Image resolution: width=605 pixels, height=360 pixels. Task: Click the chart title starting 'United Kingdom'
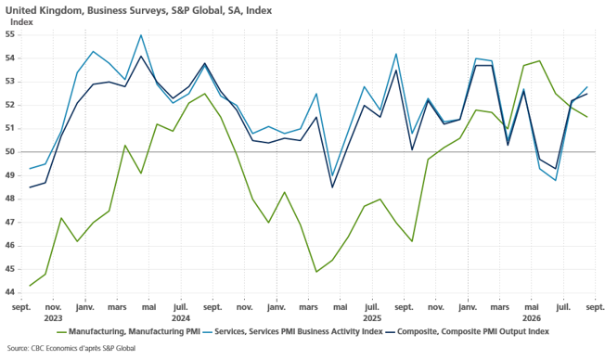point(138,10)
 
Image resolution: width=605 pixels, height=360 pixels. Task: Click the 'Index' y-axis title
point(21,22)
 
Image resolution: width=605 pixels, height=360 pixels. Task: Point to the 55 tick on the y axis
point(10,34)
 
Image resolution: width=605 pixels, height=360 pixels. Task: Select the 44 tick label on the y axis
point(10,292)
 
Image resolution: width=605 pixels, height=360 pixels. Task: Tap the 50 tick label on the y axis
point(10,151)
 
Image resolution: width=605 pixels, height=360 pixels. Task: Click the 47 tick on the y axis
point(10,223)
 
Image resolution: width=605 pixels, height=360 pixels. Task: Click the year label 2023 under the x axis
point(53,318)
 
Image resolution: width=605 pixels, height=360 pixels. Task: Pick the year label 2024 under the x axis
point(181,318)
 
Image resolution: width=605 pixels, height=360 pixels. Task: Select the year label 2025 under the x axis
point(372,318)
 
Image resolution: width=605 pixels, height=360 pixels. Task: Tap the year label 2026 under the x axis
point(532,318)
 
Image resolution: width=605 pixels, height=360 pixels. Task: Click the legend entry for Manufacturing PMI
point(128,331)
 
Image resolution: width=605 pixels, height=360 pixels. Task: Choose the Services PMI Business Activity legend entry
point(292,331)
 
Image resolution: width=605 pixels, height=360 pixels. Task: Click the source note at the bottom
point(71,349)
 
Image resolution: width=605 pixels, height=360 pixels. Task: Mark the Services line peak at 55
point(141,34)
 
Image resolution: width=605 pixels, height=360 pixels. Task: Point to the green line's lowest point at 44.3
point(30,286)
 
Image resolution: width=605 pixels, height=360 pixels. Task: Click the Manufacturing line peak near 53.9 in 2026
point(539,60)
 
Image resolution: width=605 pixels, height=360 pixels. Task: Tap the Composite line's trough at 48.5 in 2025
point(332,187)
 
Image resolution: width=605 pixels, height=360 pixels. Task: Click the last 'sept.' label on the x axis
point(595,307)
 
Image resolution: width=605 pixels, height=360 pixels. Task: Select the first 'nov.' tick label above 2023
point(53,307)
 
